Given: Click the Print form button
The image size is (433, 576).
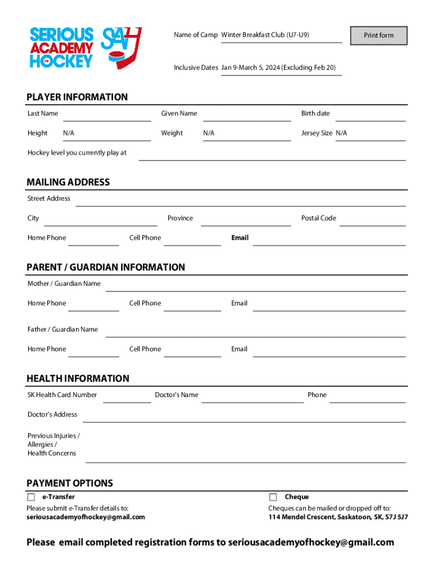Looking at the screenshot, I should click(378, 35).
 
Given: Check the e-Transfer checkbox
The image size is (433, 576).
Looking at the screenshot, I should click(31, 497).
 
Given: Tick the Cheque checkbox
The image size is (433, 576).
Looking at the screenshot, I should click(273, 497).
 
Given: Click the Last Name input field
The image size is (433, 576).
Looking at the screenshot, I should click(107, 115).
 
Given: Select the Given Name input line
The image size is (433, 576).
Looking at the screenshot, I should click(247, 115).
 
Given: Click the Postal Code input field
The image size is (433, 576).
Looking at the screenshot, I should click(372, 219).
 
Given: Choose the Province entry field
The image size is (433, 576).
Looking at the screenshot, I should click(246, 219).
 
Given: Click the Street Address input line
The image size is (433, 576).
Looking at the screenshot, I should click(240, 200).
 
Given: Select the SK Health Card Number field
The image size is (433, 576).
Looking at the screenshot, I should click(127, 396).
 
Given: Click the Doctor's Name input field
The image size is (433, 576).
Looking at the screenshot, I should click(252, 396).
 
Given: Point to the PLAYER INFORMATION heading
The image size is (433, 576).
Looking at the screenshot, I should click(77, 97).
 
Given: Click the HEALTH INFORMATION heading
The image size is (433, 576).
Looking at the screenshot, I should click(78, 379).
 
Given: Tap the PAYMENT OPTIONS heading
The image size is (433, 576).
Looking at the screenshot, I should click(70, 483).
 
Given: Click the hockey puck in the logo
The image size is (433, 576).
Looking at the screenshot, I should click(115, 57).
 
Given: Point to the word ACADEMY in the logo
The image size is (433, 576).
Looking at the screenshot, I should click(62, 47).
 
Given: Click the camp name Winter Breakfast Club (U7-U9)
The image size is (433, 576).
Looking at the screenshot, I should click(265, 35).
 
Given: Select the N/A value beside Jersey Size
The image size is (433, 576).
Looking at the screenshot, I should click(341, 133).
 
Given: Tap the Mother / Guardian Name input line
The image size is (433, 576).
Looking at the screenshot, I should click(255, 285).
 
